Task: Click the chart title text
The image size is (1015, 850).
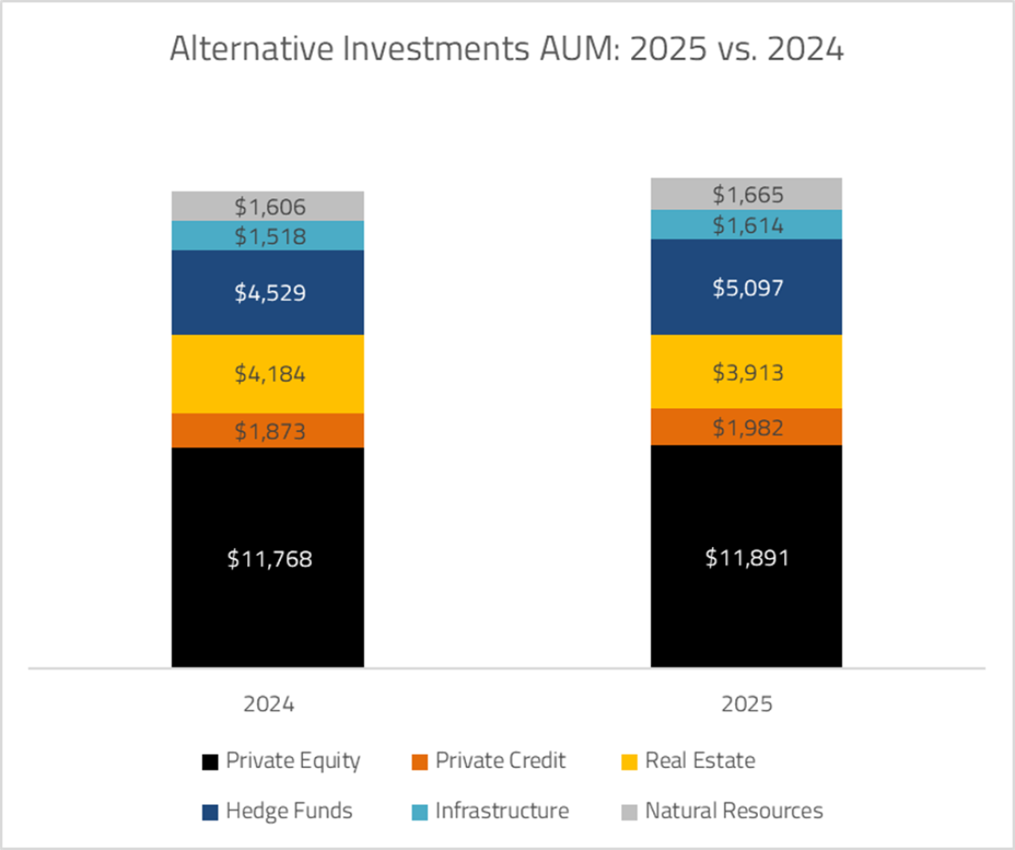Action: (x=507, y=50)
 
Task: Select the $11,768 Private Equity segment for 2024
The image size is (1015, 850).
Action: (x=267, y=558)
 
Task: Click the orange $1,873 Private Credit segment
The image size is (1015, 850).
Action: (x=267, y=431)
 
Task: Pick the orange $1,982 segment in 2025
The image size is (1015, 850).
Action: (x=746, y=427)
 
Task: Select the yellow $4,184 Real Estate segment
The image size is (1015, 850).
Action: (x=267, y=374)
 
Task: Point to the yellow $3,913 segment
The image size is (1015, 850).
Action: (x=746, y=372)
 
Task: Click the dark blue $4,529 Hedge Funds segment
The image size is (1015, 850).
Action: (x=267, y=293)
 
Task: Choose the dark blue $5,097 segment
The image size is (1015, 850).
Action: (x=746, y=287)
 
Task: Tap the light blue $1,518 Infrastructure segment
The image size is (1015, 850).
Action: (x=267, y=236)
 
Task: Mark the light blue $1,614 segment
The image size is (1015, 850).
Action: (x=746, y=225)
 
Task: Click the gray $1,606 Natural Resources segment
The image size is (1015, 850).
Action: (x=267, y=206)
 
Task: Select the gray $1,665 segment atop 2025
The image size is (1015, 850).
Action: (x=746, y=194)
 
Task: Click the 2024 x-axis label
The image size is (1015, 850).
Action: (x=267, y=704)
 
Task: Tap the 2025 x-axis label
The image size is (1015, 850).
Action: (x=746, y=704)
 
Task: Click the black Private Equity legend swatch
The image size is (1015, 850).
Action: (x=208, y=761)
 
